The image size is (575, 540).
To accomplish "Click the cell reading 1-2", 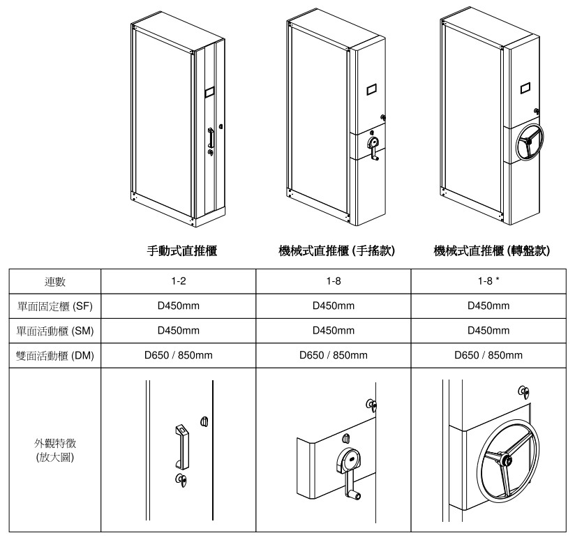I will coord(179,282).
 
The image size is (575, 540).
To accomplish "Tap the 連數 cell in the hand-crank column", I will coord(334,282).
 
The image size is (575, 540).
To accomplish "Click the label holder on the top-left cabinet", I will coord(209,91).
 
